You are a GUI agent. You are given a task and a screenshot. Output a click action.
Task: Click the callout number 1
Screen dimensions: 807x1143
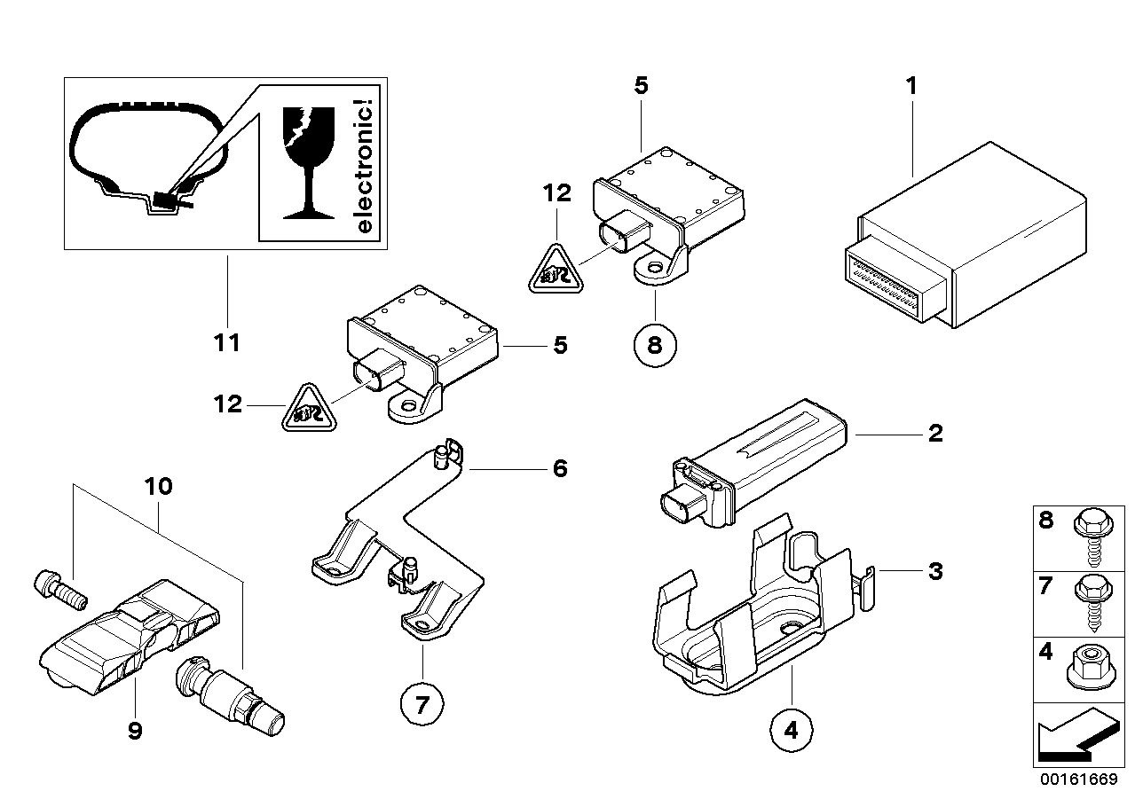click(x=910, y=86)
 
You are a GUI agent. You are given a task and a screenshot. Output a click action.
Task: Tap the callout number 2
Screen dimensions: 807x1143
click(x=934, y=434)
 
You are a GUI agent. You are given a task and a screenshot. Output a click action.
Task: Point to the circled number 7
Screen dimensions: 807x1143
click(x=422, y=706)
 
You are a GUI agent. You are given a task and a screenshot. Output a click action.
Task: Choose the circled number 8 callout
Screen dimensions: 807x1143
click(x=655, y=344)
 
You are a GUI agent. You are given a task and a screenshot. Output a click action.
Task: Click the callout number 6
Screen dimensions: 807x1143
click(x=559, y=467)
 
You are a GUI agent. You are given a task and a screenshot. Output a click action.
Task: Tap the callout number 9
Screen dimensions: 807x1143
click(x=135, y=731)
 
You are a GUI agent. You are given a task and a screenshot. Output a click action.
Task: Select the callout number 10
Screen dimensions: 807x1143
click(x=160, y=486)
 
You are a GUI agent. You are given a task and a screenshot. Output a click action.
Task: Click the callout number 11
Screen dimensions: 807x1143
click(x=227, y=342)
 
